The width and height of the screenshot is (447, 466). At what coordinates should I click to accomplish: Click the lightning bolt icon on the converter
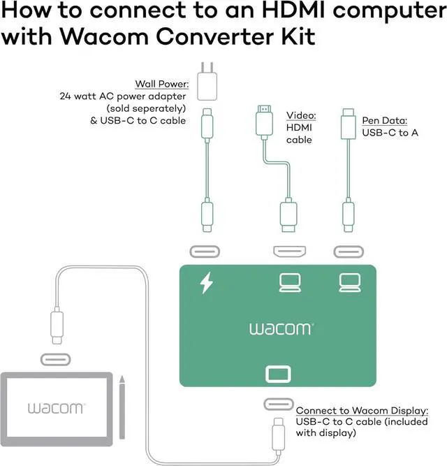(x=207, y=283)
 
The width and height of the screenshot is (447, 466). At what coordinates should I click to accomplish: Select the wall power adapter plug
(x=207, y=81)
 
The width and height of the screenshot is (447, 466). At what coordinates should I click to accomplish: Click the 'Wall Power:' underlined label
(x=162, y=84)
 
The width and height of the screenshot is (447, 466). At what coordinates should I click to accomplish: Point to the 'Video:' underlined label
(x=301, y=115)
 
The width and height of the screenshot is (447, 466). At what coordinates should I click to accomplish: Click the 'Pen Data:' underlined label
(x=385, y=120)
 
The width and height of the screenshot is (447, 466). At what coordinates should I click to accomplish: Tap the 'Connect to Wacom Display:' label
(x=362, y=410)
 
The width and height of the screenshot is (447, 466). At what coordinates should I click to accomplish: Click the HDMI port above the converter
(x=290, y=252)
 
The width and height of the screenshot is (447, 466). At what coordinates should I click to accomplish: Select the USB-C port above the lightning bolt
(x=205, y=252)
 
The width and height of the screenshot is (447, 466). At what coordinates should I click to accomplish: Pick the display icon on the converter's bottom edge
(x=278, y=374)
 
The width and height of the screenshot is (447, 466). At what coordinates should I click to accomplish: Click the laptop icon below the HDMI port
(x=290, y=283)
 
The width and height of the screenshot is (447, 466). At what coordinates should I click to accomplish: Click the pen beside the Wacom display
(x=122, y=407)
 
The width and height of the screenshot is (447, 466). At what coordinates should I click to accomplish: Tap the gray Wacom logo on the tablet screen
(x=57, y=408)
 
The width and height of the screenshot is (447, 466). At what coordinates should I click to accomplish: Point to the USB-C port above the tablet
(x=56, y=360)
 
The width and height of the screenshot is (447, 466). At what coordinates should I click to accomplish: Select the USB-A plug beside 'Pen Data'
(x=349, y=124)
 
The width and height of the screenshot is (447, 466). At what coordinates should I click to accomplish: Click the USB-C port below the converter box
(x=279, y=405)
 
